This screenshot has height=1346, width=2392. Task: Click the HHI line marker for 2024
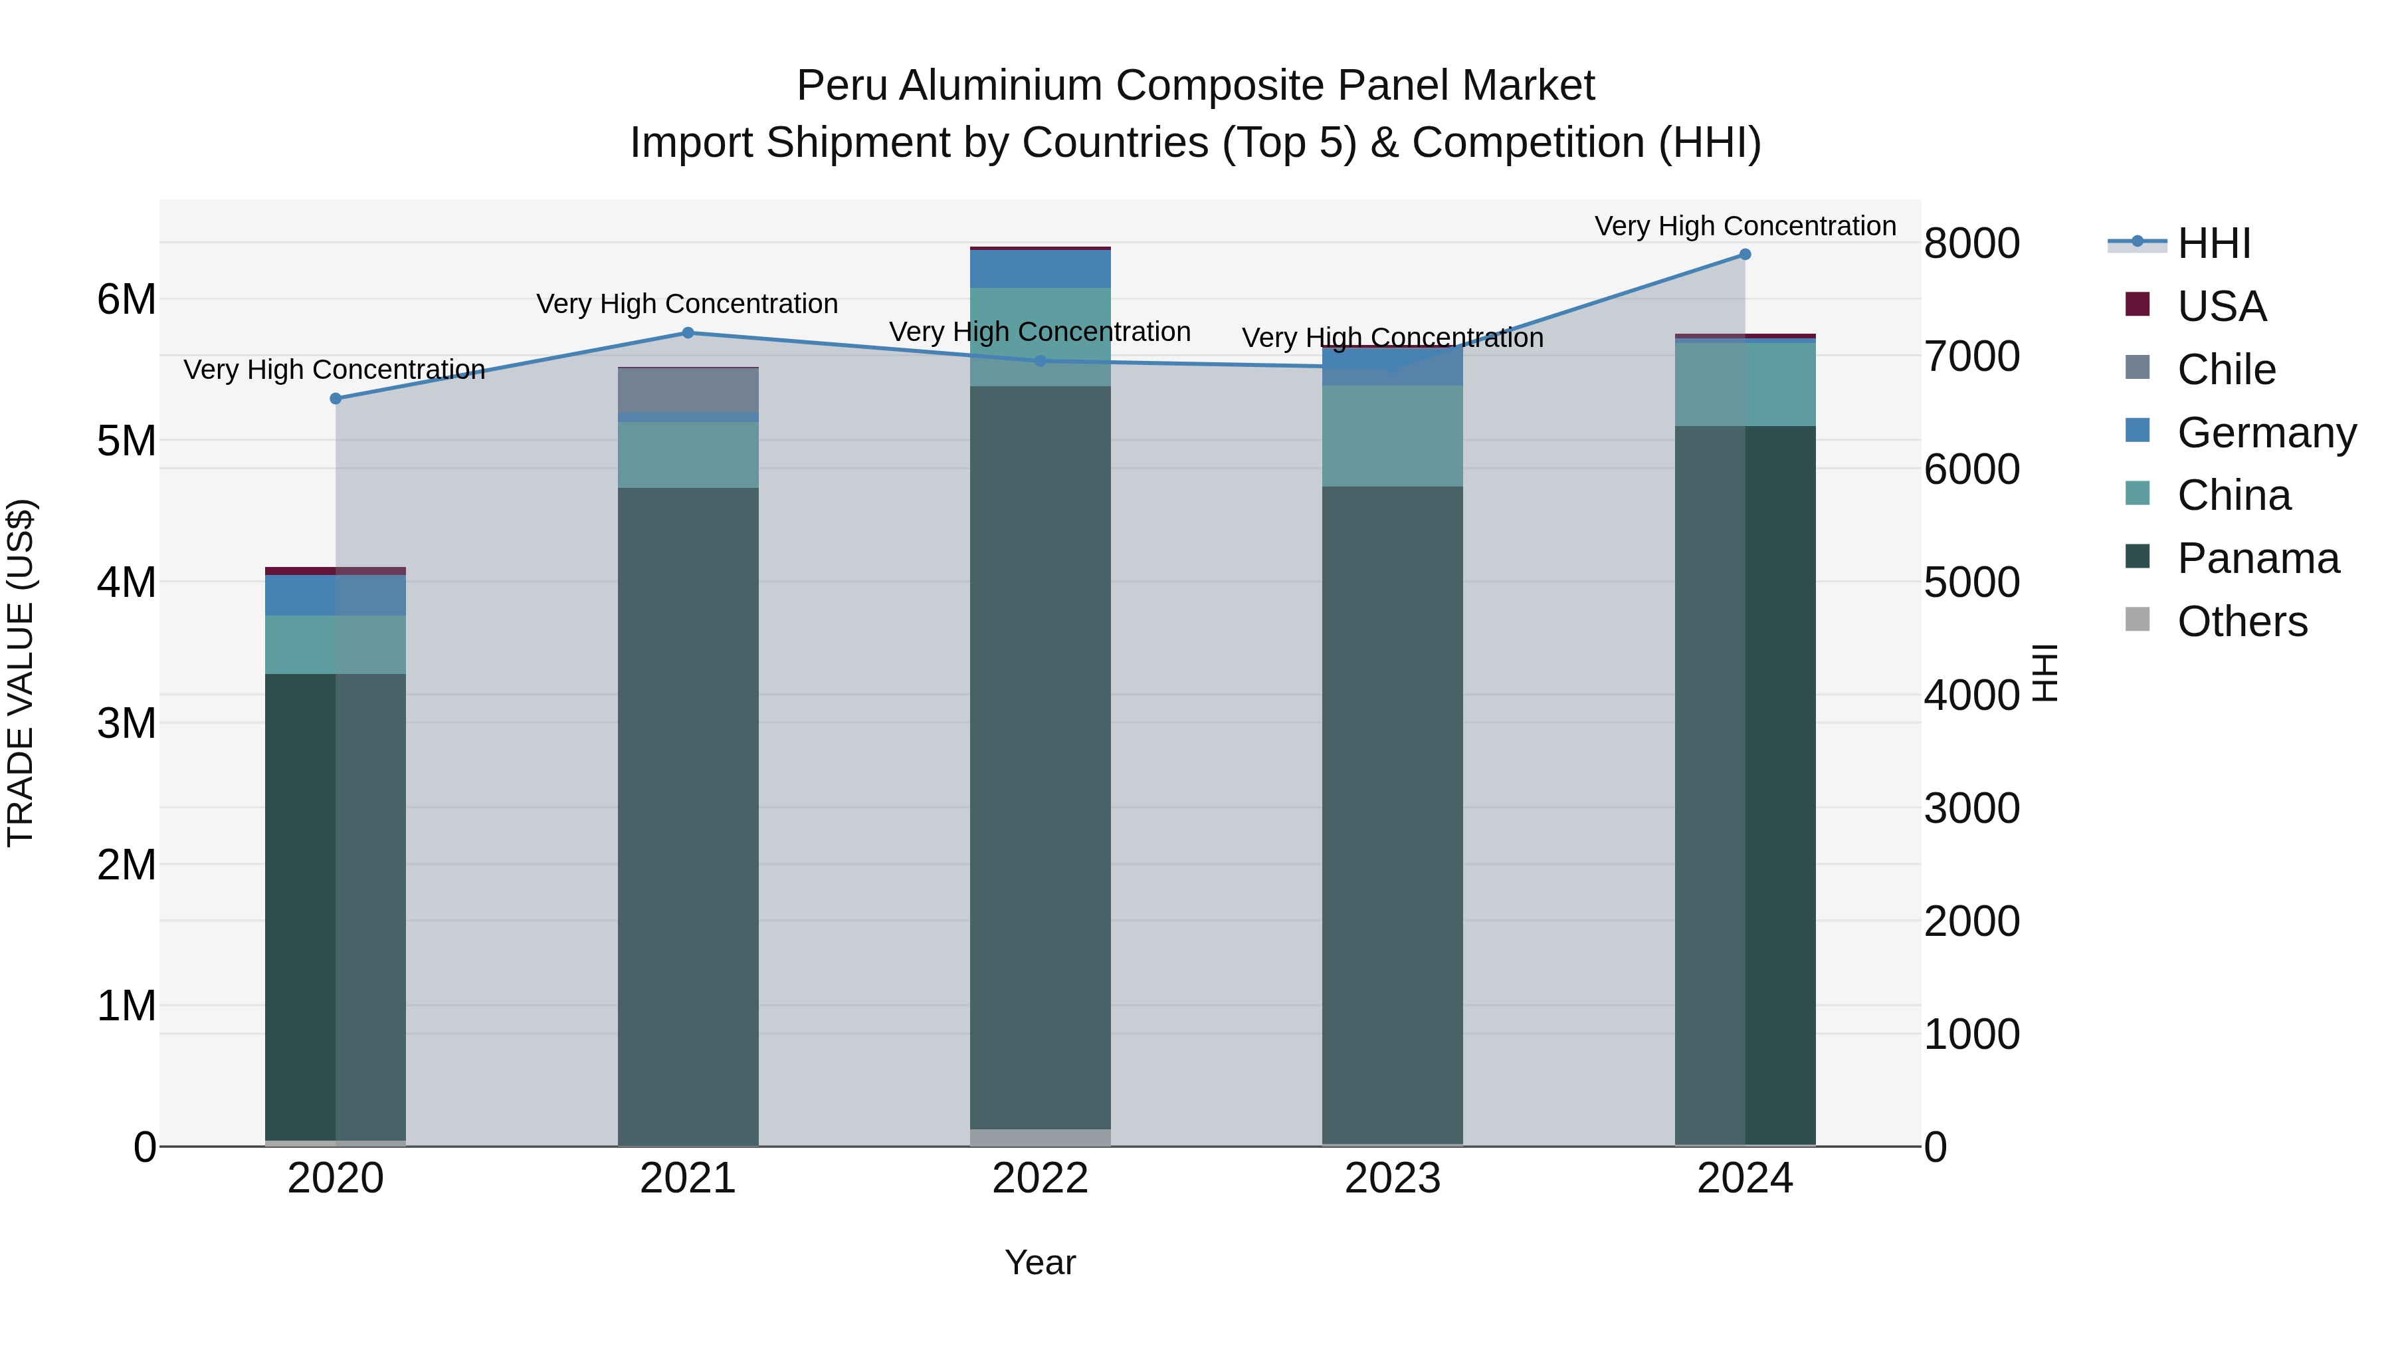(1745, 255)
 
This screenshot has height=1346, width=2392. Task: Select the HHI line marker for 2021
(688, 332)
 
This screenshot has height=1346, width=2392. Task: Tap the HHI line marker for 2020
(336, 399)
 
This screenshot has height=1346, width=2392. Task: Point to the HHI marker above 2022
(1040, 362)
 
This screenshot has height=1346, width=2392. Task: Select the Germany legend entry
(2265, 433)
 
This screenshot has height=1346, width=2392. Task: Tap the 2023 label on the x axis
(1392, 1178)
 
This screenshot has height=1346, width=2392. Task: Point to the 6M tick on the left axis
(126, 300)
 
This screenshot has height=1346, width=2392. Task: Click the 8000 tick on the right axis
(1971, 243)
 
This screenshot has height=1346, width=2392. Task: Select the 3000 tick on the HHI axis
(1971, 808)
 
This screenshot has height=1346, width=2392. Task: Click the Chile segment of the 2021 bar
(688, 390)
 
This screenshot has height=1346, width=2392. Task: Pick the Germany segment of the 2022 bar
(1040, 269)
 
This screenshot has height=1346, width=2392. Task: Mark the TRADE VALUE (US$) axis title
(21, 673)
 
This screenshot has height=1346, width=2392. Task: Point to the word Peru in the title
(841, 86)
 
